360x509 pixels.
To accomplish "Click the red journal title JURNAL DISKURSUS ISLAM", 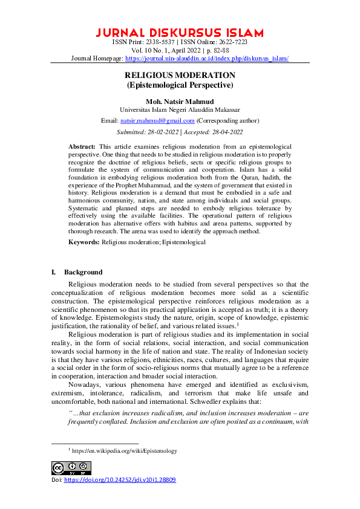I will [180, 32].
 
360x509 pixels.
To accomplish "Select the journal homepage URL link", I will [207, 59].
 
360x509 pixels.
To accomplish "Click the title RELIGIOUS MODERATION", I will [180, 75].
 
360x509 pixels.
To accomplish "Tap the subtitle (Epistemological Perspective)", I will [180, 85].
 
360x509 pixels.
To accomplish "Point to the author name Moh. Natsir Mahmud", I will [180, 101].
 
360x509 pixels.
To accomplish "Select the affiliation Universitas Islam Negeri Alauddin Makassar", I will [180, 110].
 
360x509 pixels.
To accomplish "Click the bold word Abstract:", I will [82, 147].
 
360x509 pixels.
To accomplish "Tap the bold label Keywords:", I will [83, 242].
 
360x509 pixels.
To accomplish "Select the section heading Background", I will [83, 272].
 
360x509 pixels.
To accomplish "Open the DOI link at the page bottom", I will [120, 479].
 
